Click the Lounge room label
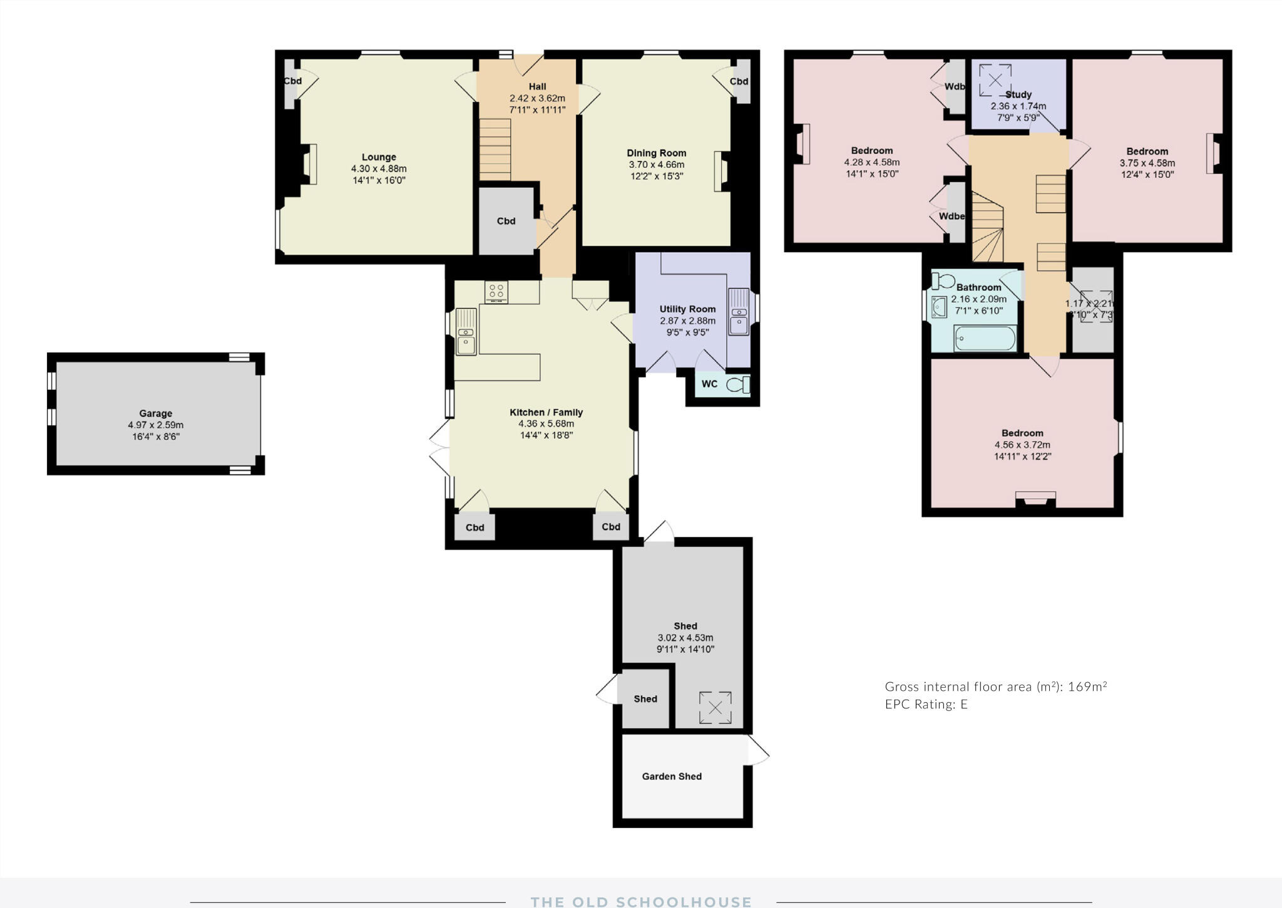click(379, 157)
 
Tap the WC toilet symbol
click(738, 384)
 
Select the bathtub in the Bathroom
click(984, 339)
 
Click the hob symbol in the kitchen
click(496, 292)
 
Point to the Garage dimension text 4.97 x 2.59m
click(155, 425)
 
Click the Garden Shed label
click(672, 776)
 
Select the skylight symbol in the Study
click(995, 79)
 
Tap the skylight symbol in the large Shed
click(715, 708)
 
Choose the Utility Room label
click(687, 309)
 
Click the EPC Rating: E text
click(926, 704)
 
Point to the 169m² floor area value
click(1087, 686)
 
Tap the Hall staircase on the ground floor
click(495, 150)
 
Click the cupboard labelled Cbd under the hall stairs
click(506, 221)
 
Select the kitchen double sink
click(466, 332)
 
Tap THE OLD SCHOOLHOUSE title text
click(640, 902)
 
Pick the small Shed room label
click(645, 699)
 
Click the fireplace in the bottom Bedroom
click(1035, 498)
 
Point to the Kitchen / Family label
click(546, 412)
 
